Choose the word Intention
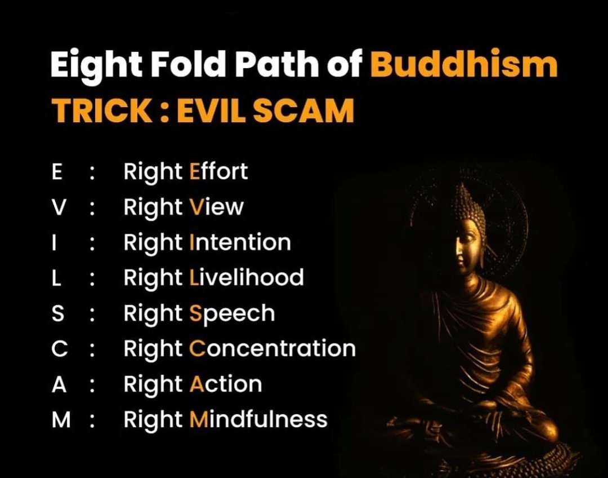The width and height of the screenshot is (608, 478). (240, 242)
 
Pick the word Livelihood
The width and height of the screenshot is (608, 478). (247, 277)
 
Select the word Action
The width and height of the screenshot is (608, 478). (226, 384)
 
